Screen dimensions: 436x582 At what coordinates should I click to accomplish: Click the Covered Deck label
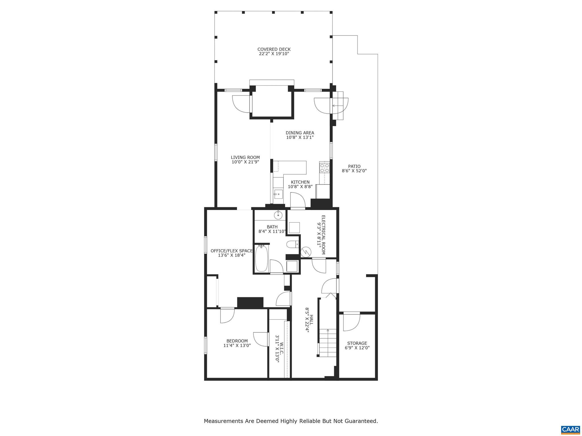coord(274,49)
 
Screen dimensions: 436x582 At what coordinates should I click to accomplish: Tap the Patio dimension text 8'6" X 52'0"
coord(354,171)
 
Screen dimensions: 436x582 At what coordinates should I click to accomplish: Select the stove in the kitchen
coord(324,168)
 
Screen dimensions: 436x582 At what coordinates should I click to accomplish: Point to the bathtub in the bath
coord(261,259)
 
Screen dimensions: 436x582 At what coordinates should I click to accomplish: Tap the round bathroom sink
coord(278,215)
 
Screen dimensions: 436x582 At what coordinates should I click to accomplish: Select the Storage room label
coord(357,343)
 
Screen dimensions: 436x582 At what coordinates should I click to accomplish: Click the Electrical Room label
coord(323,234)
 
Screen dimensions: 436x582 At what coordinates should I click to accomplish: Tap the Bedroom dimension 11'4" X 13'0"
coord(237,345)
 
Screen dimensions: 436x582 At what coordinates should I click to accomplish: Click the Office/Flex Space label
coord(231,251)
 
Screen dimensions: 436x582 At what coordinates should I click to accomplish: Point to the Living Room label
coord(245,158)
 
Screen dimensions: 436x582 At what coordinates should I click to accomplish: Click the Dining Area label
coord(300,133)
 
